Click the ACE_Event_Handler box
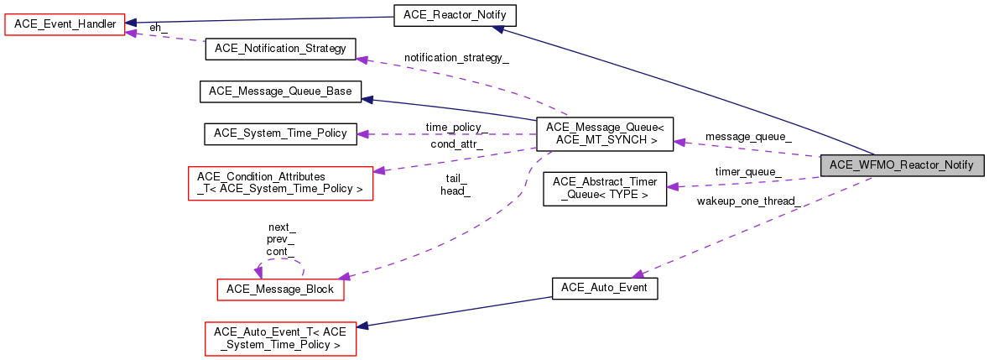pos(65,24)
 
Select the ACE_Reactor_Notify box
pos(454,15)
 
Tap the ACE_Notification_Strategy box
pos(280,49)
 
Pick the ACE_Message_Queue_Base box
pos(280,91)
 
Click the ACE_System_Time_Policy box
pos(280,133)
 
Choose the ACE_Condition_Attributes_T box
pos(280,183)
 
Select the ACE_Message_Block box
pos(280,290)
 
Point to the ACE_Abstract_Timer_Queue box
pos(604,189)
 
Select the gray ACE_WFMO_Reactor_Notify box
pos(901,165)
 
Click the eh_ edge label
pos(159,28)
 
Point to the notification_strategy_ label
pos(456,58)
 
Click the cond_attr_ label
pos(455,143)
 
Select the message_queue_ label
pos(747,136)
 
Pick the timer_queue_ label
pos(747,172)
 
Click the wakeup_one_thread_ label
pos(747,201)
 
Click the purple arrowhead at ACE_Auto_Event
pos(638,274)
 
